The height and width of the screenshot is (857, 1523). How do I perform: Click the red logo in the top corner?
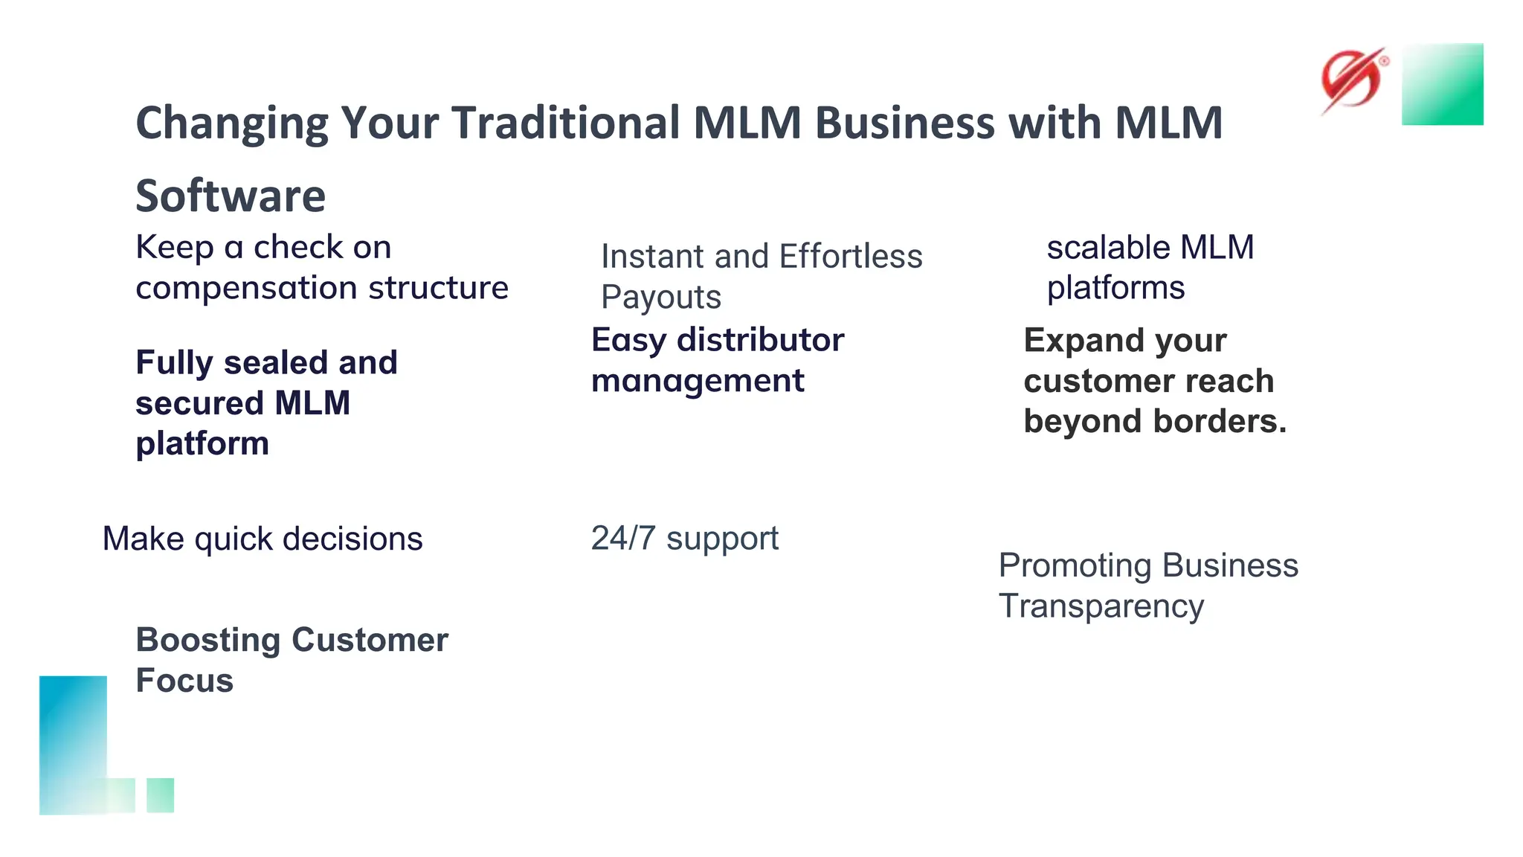(1352, 80)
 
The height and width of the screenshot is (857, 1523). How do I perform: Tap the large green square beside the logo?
(1442, 84)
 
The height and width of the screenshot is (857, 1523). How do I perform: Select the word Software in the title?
(231, 196)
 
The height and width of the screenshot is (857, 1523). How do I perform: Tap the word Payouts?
(660, 298)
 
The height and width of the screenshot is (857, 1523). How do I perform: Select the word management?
(697, 382)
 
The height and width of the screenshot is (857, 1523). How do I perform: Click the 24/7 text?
(622, 539)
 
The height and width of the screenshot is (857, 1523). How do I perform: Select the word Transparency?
(1101, 607)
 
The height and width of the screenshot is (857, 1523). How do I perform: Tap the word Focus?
(184, 681)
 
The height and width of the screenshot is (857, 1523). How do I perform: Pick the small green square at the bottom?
(160, 795)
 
